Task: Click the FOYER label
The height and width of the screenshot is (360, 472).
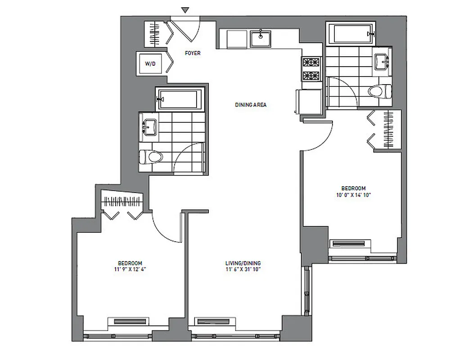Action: coord(193,53)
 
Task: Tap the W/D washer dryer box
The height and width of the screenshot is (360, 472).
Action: coord(151,64)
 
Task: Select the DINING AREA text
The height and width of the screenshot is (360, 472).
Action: coord(251,105)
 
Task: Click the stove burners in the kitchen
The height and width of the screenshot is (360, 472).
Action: coord(310,69)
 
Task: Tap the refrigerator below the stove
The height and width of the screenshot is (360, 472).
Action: coord(309,101)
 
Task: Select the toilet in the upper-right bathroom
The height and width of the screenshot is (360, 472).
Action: coord(380,92)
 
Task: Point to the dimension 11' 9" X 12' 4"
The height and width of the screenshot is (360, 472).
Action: coord(130,270)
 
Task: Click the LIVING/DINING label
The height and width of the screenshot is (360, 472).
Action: coord(243,263)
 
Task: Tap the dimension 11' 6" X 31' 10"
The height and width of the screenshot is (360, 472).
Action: coord(243,270)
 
